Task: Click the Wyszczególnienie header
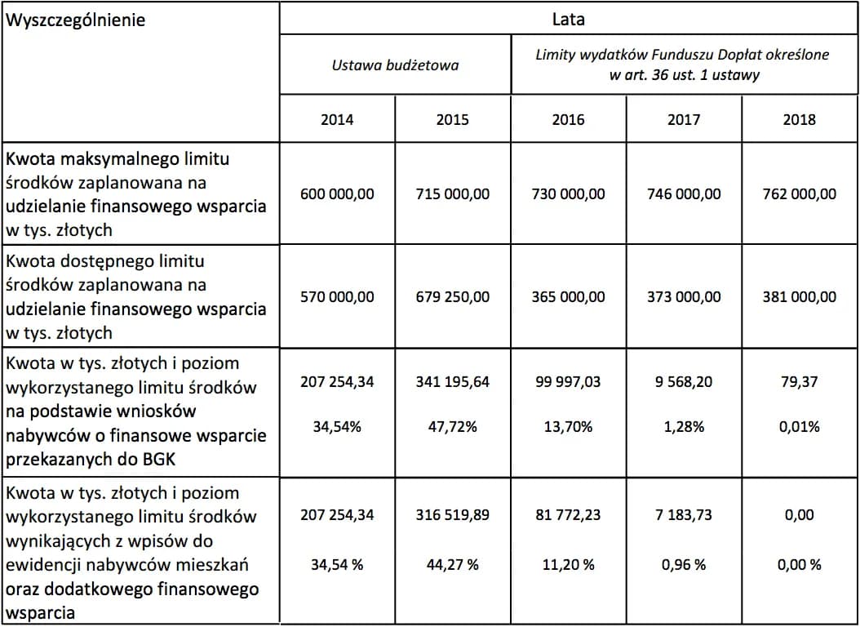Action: click(75, 20)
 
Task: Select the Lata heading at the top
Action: click(568, 18)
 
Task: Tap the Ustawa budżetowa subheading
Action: click(395, 65)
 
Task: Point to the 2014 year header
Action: click(337, 119)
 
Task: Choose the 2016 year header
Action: click(568, 119)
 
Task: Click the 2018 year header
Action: click(799, 119)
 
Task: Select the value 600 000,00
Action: click(337, 194)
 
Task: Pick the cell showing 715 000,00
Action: click(452, 194)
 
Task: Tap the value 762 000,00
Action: click(799, 194)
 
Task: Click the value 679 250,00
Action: click(452, 297)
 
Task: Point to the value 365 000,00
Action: click(568, 297)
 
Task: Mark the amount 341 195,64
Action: click(452, 382)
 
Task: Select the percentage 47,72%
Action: click(452, 427)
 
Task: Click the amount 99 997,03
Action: click(568, 382)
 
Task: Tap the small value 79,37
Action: click(799, 382)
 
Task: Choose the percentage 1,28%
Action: click(684, 427)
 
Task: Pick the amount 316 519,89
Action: click(452, 515)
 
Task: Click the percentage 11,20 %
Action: click(568, 565)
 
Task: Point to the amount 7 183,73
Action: click(684, 515)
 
